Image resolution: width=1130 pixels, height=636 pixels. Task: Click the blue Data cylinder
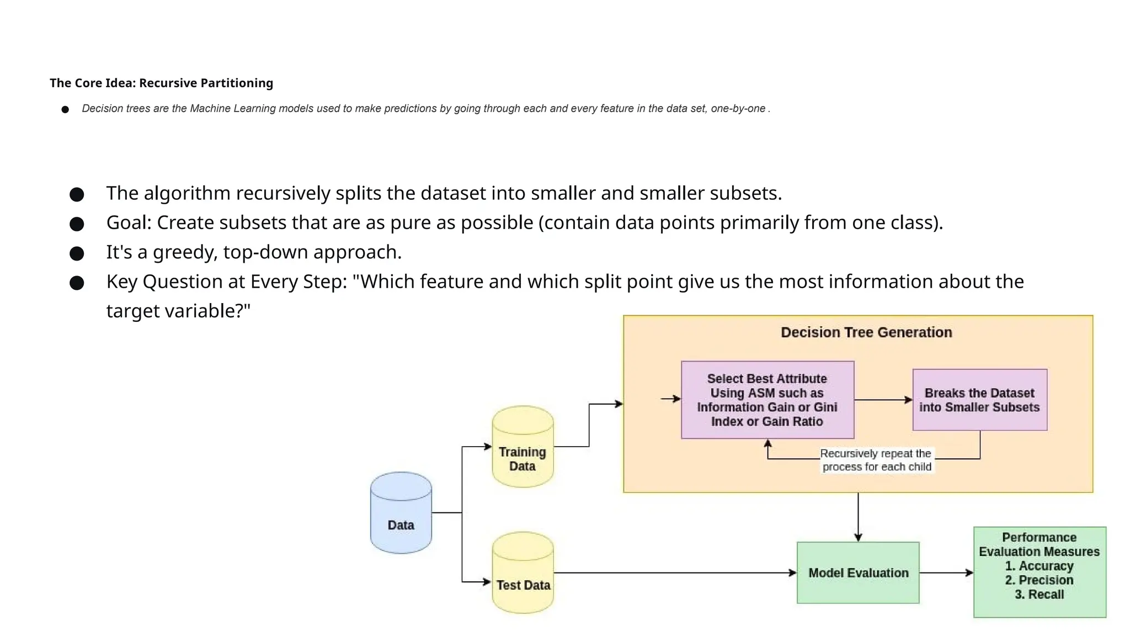click(401, 513)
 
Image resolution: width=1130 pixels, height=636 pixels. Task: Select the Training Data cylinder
click(523, 448)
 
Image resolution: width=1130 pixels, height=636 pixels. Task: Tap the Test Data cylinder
click(523, 574)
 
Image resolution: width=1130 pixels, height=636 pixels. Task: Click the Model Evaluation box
click(858, 573)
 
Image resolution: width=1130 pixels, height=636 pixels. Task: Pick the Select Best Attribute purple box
click(767, 400)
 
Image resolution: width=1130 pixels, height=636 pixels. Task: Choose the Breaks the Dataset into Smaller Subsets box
click(979, 400)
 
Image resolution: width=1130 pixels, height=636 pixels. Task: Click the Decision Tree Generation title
click(866, 332)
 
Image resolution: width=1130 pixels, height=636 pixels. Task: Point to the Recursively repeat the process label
click(876, 460)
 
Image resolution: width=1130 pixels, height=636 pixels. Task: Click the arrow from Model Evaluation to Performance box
click(946, 573)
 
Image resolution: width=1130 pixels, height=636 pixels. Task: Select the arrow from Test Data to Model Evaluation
click(673, 573)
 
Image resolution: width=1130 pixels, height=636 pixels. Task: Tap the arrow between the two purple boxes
click(883, 400)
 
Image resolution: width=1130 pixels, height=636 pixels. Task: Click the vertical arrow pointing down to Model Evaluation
click(858, 516)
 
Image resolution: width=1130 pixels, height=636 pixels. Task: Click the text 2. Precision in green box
click(1039, 580)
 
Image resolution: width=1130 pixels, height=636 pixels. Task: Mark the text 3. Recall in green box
click(1039, 595)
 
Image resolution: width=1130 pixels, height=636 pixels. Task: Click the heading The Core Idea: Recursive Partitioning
click(161, 83)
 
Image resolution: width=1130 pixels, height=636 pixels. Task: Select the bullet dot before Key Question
click(77, 283)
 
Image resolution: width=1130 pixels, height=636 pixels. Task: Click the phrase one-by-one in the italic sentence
click(738, 109)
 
